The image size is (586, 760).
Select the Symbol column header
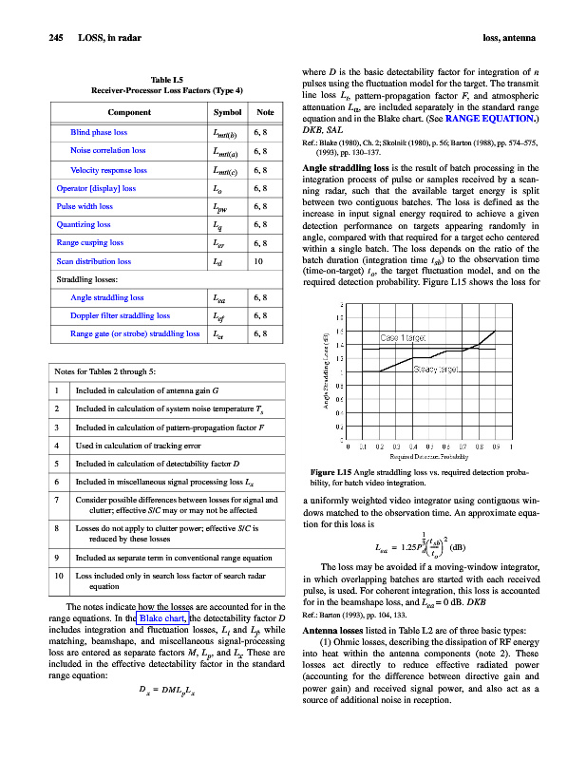tap(219, 112)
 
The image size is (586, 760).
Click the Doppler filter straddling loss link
tap(120, 315)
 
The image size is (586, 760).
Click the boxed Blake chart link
tap(161, 618)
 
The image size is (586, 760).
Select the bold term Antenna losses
tap(340, 631)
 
